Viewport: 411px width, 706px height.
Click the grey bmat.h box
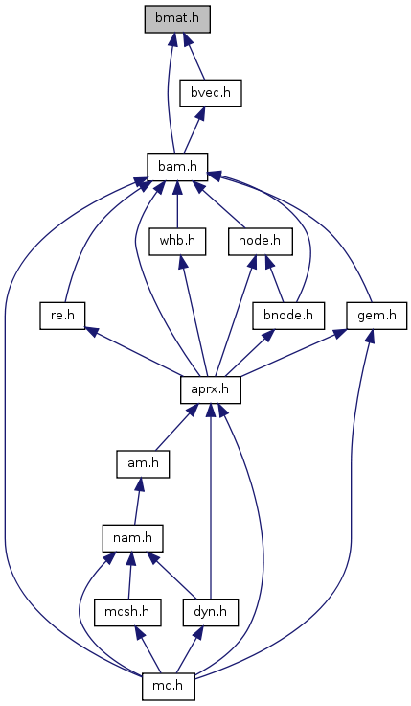point(177,19)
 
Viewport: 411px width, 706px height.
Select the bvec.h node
point(211,93)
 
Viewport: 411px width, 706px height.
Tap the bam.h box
point(177,167)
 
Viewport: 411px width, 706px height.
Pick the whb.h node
point(177,241)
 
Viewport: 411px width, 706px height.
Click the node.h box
point(260,241)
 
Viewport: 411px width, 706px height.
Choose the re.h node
point(62,316)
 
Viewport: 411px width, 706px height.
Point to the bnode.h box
point(288,316)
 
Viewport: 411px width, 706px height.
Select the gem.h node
point(377,316)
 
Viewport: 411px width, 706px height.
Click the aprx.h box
point(211,389)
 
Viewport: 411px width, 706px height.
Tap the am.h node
point(143,463)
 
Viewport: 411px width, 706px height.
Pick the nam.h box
point(132,537)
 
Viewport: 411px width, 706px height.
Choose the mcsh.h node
point(127,612)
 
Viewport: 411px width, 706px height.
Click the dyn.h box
point(211,612)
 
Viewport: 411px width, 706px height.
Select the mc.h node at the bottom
point(169,686)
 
